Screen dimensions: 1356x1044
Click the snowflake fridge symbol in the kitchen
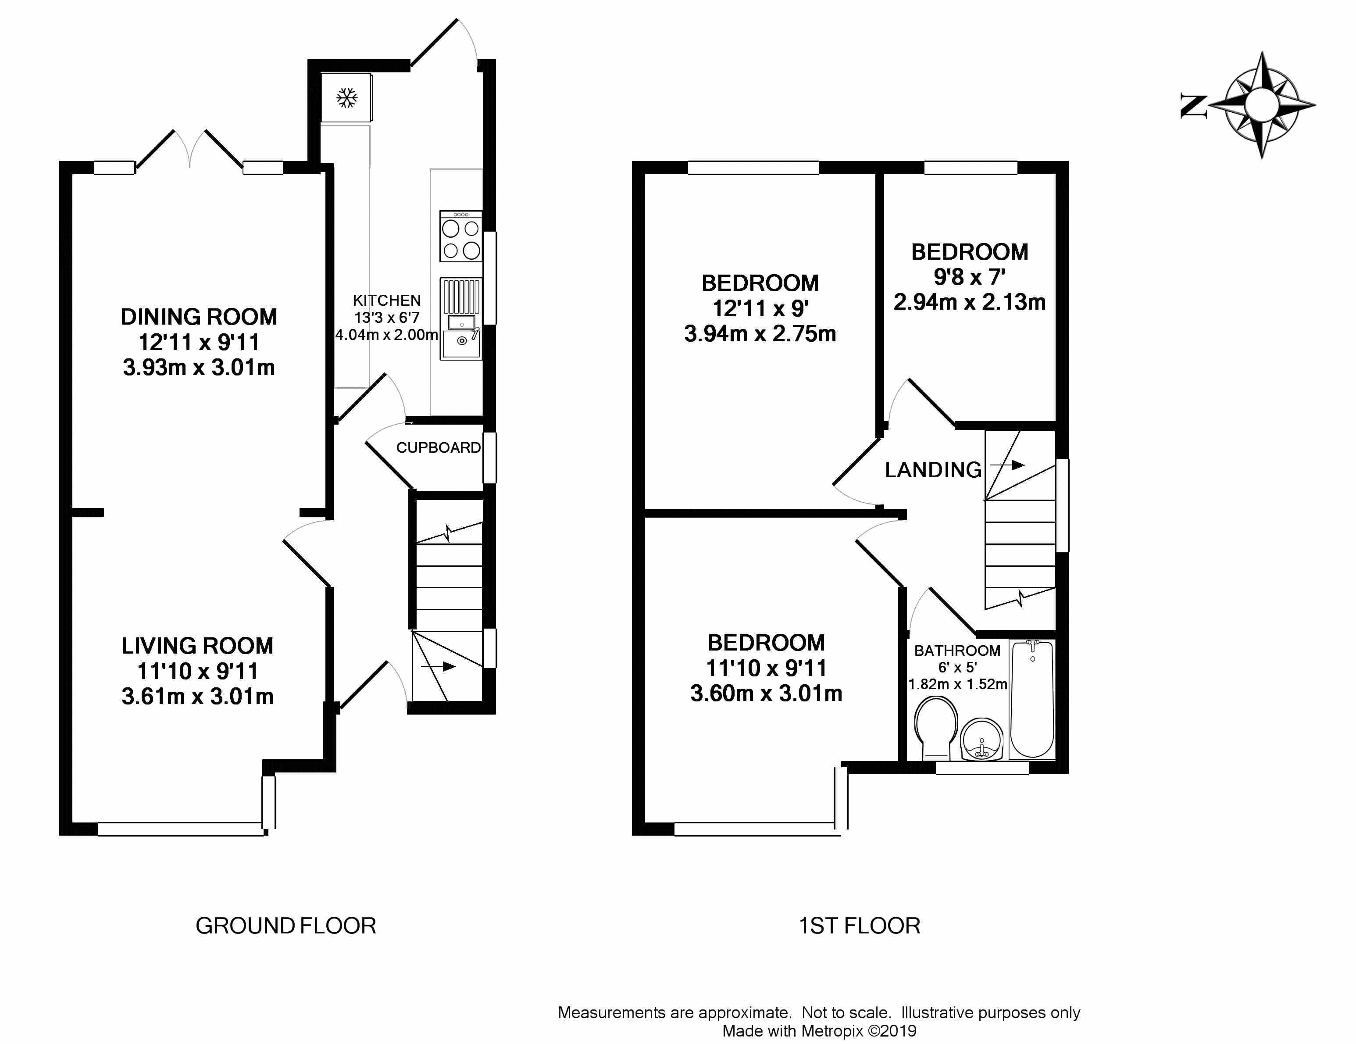(347, 97)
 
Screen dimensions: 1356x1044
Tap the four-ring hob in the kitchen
(460, 236)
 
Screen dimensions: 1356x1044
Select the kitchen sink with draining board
(460, 318)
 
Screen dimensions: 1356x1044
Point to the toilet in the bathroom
(936, 727)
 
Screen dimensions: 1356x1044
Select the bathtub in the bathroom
(1032, 699)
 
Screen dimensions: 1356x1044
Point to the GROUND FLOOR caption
(285, 926)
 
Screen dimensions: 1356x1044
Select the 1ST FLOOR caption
(859, 926)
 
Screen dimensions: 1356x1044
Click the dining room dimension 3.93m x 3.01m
(199, 368)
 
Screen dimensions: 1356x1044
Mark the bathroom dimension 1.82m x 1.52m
(957, 684)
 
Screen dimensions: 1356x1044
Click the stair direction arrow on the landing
(1007, 465)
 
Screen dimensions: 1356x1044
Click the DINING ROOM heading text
(199, 317)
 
